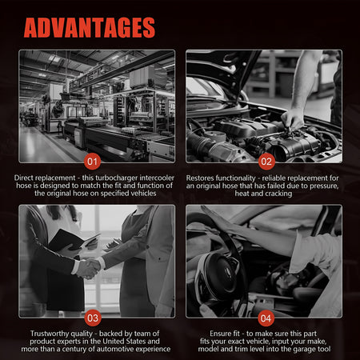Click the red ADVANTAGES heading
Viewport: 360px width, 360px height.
(90, 27)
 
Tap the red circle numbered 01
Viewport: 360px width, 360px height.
(92, 162)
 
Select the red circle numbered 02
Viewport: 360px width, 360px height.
(266, 162)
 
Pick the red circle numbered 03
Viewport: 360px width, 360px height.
(93, 318)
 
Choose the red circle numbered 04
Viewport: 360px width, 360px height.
(266, 318)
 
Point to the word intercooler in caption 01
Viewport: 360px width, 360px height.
(157, 178)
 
